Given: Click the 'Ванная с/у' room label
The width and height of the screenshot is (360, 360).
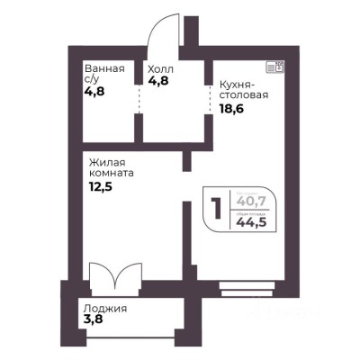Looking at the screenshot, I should (x=104, y=73).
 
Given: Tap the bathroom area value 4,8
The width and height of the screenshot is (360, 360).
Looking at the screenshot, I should (x=94, y=90).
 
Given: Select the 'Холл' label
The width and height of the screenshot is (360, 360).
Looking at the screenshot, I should (x=161, y=68).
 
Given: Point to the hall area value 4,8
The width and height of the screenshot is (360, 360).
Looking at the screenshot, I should (x=158, y=79).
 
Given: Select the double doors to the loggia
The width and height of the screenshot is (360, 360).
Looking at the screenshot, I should (x=116, y=274).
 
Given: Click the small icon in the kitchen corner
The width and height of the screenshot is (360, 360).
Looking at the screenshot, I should (x=275, y=67).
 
